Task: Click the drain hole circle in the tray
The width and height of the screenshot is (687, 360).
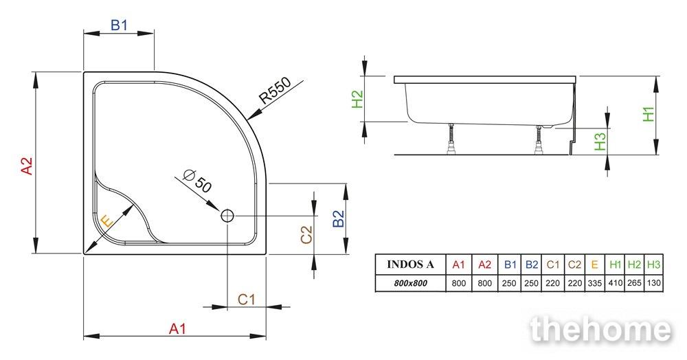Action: [228, 216]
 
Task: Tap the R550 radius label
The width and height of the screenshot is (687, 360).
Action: [275, 91]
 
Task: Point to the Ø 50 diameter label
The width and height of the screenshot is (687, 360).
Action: [198, 181]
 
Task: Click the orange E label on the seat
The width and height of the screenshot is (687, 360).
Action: [106, 221]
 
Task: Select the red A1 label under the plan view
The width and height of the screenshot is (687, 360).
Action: [178, 328]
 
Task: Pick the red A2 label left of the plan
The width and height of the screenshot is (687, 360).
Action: [27, 166]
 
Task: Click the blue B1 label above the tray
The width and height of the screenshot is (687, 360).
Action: [119, 25]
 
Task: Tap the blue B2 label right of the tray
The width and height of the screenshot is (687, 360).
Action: [338, 218]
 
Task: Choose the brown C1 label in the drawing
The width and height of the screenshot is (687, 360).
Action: [246, 300]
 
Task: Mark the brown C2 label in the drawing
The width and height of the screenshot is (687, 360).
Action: [306, 234]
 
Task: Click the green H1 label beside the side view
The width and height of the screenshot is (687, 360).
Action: [649, 113]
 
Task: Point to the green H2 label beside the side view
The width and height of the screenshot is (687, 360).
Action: [358, 99]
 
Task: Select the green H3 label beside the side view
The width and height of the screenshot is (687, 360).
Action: [600, 142]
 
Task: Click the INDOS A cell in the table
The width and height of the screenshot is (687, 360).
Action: [411, 265]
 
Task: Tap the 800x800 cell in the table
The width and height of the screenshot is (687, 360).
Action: [411, 283]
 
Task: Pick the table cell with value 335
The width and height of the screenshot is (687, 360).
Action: [594, 283]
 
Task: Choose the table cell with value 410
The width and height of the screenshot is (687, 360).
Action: [615, 283]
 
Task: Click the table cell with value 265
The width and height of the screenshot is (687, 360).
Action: [634, 283]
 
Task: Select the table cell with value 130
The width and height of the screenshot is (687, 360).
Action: [654, 283]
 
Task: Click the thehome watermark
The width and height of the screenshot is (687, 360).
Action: [600, 329]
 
